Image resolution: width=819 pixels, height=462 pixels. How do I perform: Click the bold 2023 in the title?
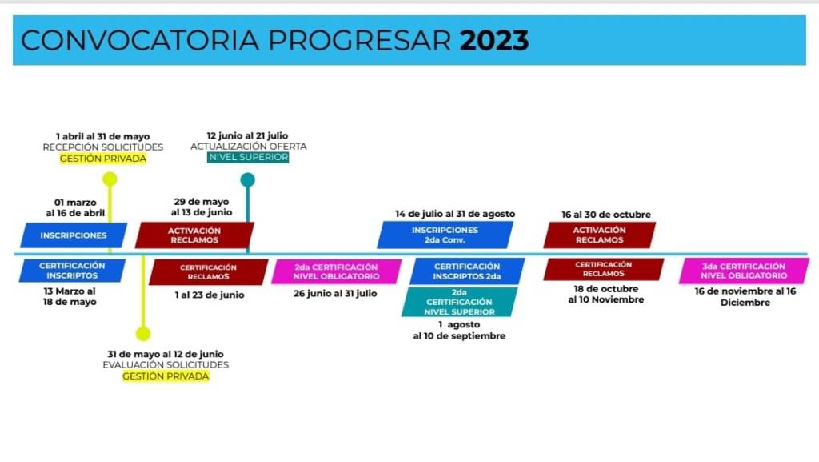(494, 41)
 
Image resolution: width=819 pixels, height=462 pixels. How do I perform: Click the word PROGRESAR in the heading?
(359, 41)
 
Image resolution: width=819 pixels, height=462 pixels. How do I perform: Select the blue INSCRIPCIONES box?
(74, 235)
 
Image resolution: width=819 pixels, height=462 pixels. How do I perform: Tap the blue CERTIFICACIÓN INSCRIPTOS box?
(72, 271)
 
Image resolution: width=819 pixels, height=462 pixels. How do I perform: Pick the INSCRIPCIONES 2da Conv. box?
(445, 235)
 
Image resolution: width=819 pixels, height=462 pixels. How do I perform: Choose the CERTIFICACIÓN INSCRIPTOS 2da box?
(467, 271)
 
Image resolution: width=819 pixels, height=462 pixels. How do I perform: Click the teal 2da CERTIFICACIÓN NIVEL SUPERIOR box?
(459, 302)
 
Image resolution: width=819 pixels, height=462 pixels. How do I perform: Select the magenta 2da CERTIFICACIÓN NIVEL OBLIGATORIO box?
(337, 271)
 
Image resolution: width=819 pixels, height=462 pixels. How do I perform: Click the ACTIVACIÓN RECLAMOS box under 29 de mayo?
(194, 235)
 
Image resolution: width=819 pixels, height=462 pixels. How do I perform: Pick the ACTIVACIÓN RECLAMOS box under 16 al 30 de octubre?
(600, 235)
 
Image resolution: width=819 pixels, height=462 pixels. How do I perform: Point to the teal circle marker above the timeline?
(248, 180)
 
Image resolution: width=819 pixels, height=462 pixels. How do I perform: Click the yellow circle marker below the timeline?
(143, 333)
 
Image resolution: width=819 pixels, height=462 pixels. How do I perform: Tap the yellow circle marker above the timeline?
(110, 179)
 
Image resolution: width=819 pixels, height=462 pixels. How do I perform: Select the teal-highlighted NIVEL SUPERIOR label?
(248, 157)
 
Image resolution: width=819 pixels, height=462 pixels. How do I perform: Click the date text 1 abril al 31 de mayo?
(103, 136)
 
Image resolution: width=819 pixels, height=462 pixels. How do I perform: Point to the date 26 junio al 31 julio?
(335, 294)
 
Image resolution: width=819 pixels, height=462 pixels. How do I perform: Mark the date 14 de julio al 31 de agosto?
(455, 214)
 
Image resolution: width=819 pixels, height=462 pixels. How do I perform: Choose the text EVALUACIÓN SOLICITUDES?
(166, 365)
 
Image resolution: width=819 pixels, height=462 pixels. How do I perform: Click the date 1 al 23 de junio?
(210, 295)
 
